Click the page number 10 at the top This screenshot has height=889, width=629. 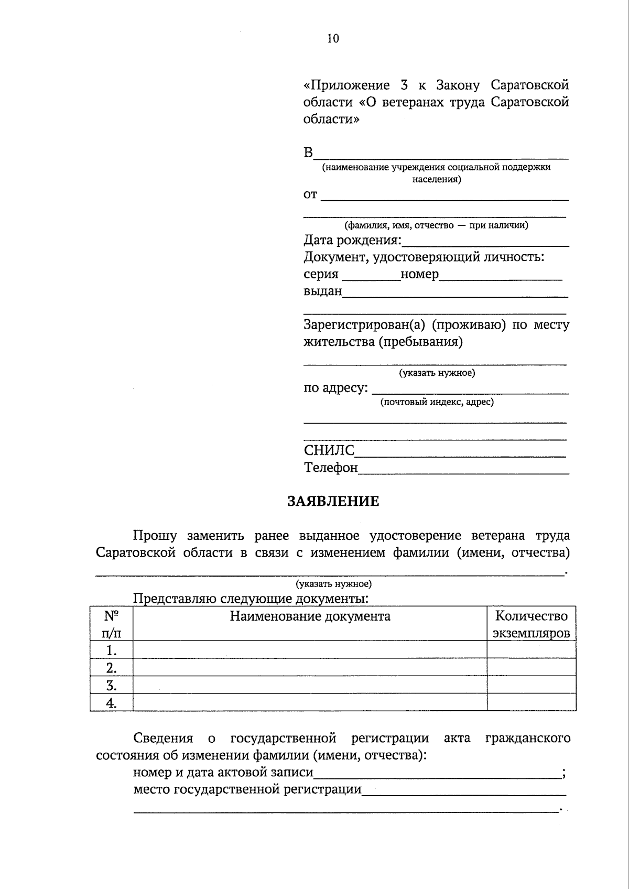point(333,38)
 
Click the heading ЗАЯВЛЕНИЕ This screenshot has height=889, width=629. point(333,501)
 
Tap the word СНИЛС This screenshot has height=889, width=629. point(329,450)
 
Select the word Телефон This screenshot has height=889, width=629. point(331,467)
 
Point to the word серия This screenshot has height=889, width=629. point(321,274)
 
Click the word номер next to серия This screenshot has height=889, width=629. point(419,274)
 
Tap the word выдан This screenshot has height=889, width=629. point(322,291)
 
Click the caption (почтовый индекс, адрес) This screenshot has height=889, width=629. point(437,402)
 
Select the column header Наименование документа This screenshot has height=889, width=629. point(310,616)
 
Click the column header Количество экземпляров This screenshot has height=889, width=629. point(531,624)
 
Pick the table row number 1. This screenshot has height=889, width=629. point(111,651)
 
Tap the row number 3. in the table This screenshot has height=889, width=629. point(111,686)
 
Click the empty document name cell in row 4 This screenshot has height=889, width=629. point(310,703)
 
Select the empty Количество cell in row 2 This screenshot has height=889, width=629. point(531,668)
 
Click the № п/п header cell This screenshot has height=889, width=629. point(111,624)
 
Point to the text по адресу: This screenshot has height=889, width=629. point(335,388)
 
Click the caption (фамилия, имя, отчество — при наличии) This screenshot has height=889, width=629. point(436,225)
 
